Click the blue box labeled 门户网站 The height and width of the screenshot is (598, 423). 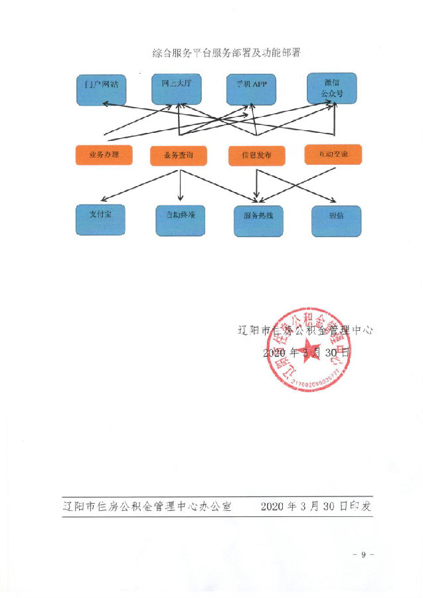[102, 88]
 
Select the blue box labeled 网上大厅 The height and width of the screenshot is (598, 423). [177, 88]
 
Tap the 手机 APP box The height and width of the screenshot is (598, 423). [251, 88]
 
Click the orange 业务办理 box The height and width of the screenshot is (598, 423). [104, 154]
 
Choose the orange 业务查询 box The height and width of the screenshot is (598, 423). [178, 155]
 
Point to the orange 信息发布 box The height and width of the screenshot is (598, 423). [256, 155]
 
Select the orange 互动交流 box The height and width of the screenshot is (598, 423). [333, 155]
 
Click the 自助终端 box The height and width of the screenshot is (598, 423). [180, 220]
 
